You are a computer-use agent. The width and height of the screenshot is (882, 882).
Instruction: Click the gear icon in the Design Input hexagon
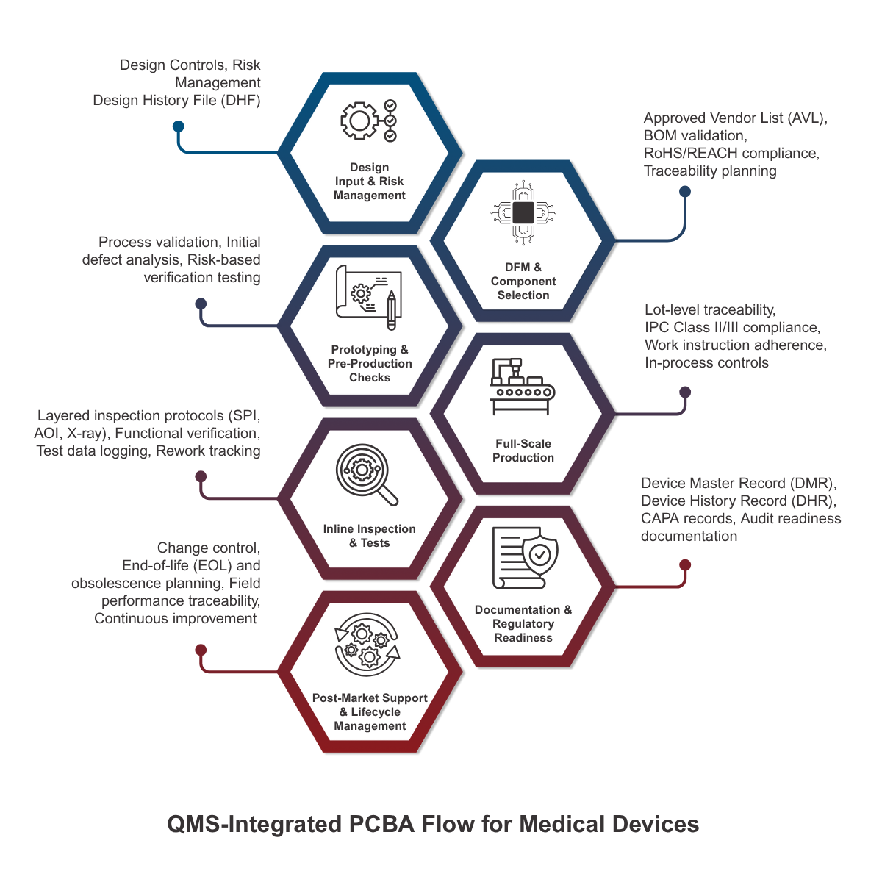pos(359,121)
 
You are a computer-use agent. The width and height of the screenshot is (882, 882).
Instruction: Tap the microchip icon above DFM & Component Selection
pos(523,213)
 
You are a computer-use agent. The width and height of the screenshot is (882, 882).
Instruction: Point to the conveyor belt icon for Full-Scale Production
pos(523,386)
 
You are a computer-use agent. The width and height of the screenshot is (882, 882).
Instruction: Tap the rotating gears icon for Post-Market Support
pos(367,645)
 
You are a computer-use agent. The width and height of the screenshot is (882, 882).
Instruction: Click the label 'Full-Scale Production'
pos(523,451)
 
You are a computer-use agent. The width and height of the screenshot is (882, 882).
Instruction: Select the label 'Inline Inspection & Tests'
pos(369,536)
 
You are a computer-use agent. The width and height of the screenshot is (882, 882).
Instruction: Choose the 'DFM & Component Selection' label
pos(523,281)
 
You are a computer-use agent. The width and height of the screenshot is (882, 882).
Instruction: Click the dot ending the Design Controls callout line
pos(178,126)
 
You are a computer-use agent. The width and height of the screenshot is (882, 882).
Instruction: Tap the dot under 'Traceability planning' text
pos(685,192)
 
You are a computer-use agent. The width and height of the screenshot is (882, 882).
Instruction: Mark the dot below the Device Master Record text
pos(685,564)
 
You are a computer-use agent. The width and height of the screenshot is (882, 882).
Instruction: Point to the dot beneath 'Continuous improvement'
pos(201,650)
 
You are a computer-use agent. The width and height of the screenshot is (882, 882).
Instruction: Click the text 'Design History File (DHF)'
pos(176,101)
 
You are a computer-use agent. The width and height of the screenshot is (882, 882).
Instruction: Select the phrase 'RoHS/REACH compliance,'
pos(731,154)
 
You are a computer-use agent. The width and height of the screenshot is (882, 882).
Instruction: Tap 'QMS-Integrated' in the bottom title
pos(254,824)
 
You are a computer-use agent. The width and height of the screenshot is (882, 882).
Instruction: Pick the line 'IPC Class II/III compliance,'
pos(732,328)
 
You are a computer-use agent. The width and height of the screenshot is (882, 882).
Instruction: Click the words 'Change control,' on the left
pos(209,548)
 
